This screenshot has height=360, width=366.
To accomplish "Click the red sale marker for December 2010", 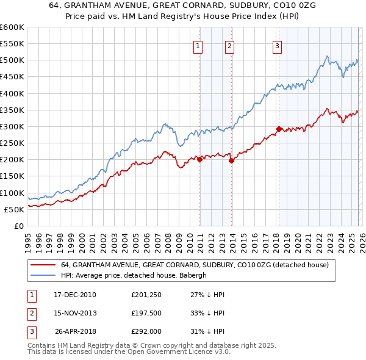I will tap(200, 159).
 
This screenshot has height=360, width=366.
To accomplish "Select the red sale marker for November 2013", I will tap(232, 160).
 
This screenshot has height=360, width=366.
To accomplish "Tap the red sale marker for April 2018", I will tap(279, 129).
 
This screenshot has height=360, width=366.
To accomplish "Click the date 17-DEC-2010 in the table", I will tap(75, 295).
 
